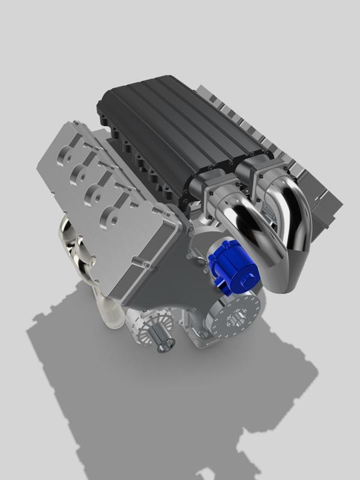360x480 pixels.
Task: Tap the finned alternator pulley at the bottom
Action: (147, 328)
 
